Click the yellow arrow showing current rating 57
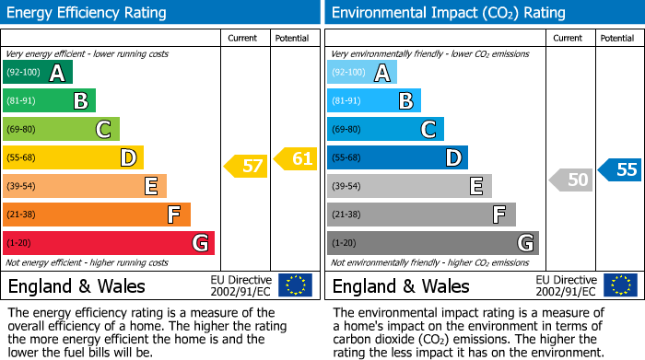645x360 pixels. pos(246,167)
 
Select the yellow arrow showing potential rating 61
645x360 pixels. pos(295,158)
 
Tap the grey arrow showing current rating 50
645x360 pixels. pos(571,180)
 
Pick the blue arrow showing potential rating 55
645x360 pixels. pos(620,169)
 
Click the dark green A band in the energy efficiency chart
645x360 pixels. pos(38,73)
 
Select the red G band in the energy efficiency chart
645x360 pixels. pos(109,243)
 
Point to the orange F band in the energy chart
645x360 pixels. pos(97,215)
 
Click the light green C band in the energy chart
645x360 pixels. pos(61,130)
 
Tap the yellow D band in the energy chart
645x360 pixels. pos(73,158)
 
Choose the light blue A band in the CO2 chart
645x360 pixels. pos(362,73)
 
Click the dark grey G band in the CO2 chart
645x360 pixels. pos(432,243)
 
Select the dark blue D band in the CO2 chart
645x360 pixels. pos(397,158)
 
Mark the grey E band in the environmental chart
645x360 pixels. pos(409,186)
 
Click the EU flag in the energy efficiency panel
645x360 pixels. pos(295,285)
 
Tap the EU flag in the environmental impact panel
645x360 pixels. pos(619,285)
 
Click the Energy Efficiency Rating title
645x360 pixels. pos(88,13)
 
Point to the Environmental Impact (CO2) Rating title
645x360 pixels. pos(448,13)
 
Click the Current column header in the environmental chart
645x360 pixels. pos(569,38)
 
